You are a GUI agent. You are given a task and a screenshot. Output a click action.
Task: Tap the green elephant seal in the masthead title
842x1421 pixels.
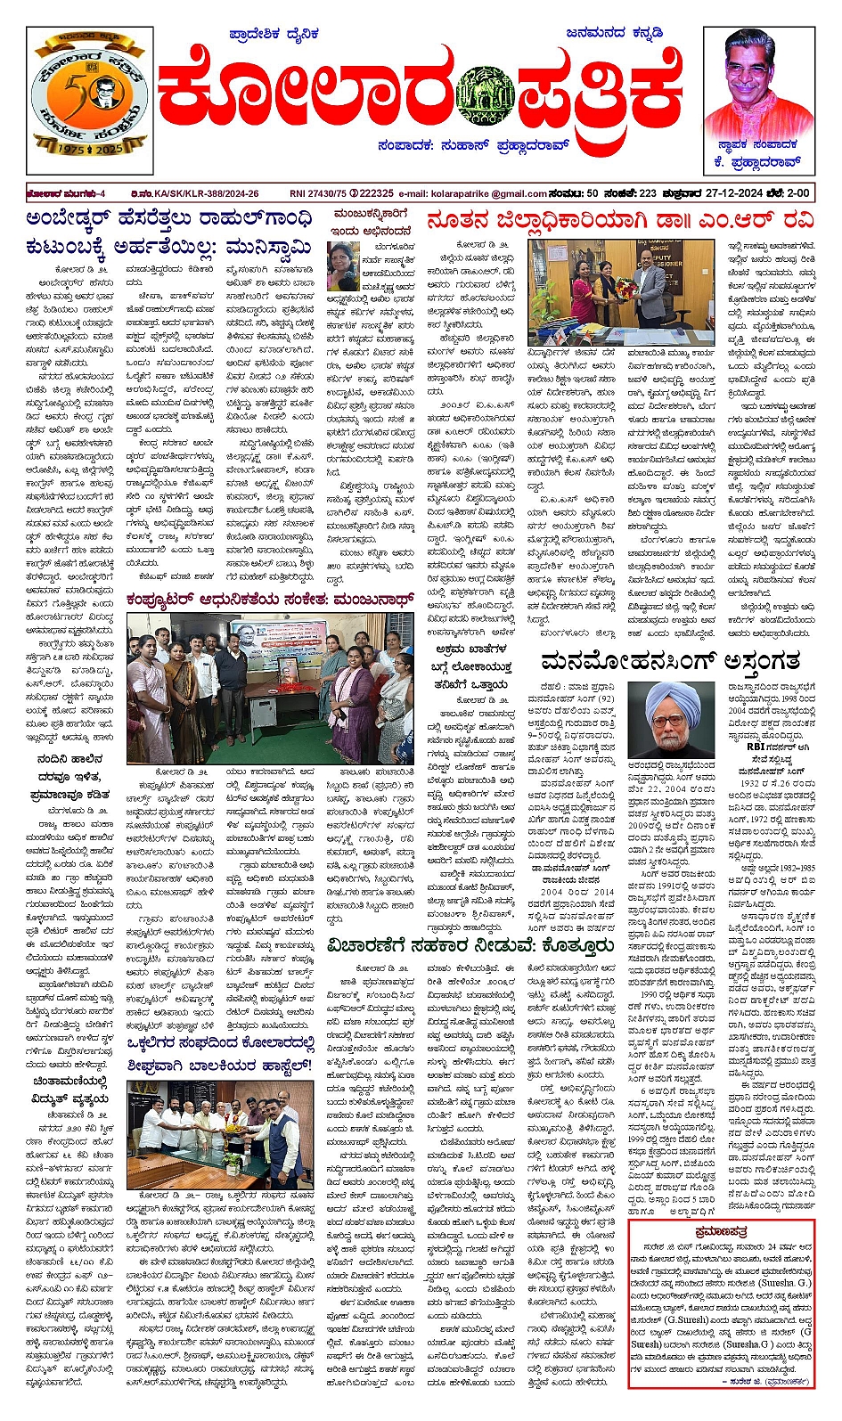point(484,94)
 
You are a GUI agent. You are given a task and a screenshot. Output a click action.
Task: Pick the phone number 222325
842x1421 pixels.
point(376,193)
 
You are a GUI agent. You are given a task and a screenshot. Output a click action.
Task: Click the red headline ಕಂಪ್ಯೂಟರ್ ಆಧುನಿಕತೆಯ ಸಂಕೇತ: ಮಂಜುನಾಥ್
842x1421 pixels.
point(269,599)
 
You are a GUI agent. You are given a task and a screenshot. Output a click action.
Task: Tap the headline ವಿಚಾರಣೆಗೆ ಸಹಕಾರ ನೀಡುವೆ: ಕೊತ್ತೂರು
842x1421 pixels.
point(470,945)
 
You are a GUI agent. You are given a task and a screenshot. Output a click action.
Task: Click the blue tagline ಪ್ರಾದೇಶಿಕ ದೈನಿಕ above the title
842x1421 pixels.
point(274,35)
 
